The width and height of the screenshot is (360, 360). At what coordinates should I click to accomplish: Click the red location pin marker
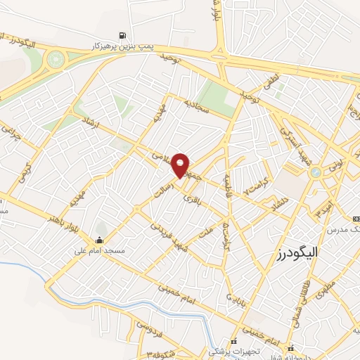[x=181, y=164]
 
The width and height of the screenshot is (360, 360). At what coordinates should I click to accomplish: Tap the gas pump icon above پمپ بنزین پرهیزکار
[x=124, y=35]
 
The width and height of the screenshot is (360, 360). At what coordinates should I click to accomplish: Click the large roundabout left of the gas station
[x=54, y=61]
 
